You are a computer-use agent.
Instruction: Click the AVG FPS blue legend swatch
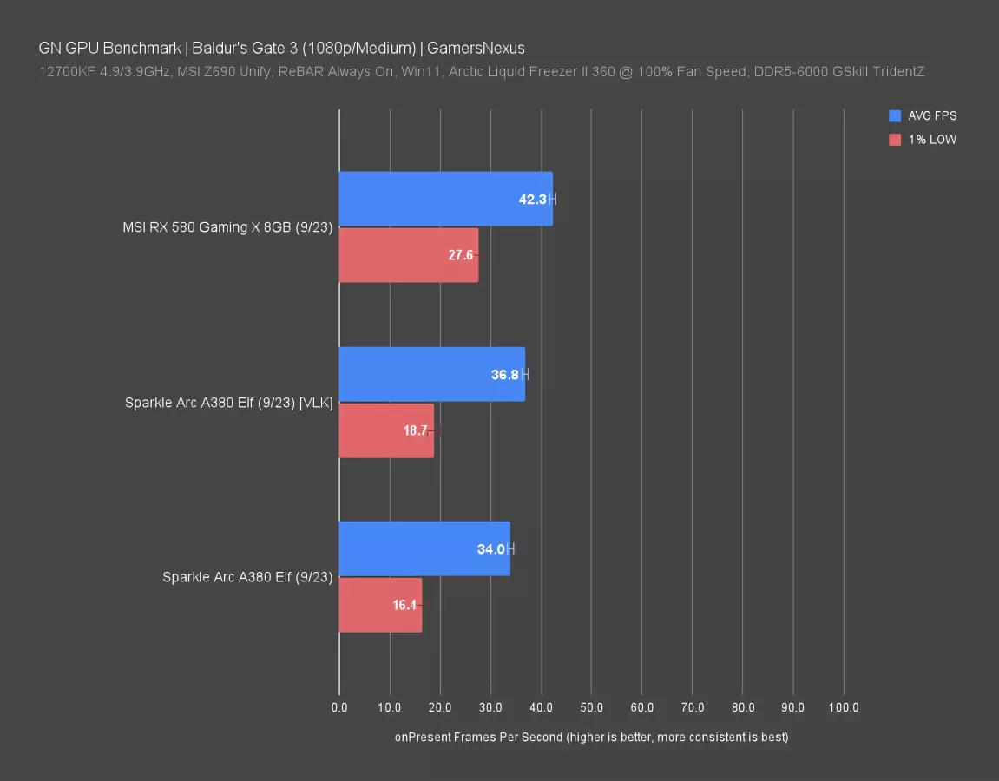click(x=895, y=115)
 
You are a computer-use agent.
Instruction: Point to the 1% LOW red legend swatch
click(x=895, y=139)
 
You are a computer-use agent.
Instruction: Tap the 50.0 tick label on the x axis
click(x=591, y=708)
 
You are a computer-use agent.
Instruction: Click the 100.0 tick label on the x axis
click(x=843, y=708)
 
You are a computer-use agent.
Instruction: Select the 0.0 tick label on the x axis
click(x=339, y=708)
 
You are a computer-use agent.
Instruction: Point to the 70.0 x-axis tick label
click(x=692, y=708)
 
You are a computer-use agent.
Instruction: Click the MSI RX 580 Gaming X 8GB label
click(x=227, y=228)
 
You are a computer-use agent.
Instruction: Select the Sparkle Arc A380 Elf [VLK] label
click(x=228, y=403)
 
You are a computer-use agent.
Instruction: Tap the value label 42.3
click(x=532, y=200)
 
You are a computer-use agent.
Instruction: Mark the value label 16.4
click(x=404, y=606)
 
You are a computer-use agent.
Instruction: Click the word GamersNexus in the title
click(x=476, y=48)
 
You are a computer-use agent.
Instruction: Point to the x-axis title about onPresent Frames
click(x=591, y=738)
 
